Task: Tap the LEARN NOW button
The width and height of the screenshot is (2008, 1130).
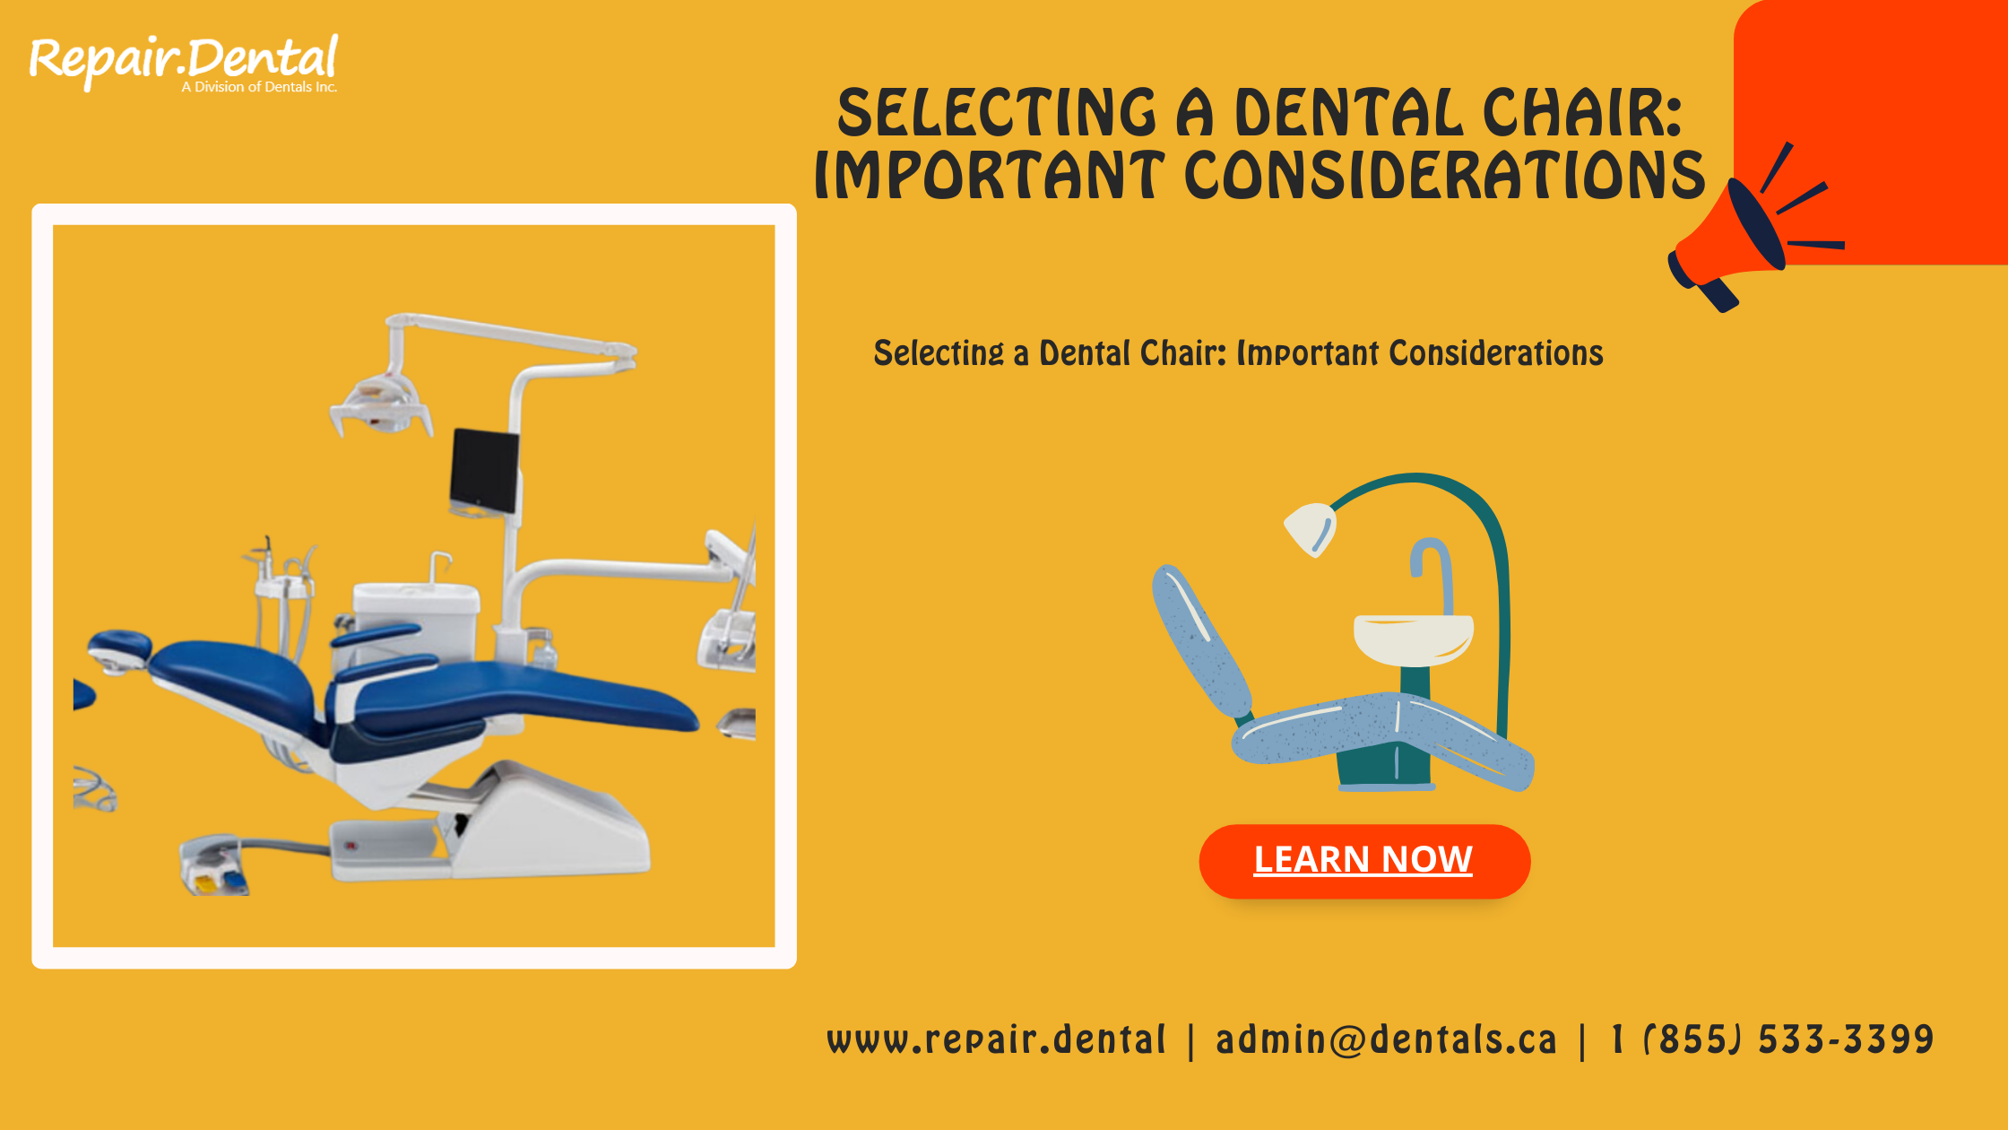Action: pos(1363,861)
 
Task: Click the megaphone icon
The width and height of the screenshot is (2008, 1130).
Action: pos(1735,238)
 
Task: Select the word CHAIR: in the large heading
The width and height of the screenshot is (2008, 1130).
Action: pos(1582,114)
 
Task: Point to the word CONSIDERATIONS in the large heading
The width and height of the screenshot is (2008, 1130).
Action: pos(1444,175)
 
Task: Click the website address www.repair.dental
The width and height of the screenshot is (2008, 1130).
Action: pos(996,1040)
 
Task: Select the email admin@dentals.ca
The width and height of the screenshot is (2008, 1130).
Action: pos(1386,1040)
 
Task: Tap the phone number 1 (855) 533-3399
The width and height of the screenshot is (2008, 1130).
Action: pos(1772,1040)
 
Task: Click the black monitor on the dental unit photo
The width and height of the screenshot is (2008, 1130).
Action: pos(484,471)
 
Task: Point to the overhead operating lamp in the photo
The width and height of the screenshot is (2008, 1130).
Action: pos(381,404)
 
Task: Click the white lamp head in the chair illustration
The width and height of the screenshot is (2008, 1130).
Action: pos(1311,527)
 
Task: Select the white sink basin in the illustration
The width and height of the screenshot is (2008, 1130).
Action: pos(1413,637)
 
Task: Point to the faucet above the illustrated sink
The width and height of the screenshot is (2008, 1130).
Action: pos(1432,565)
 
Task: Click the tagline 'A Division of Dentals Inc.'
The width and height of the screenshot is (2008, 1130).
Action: pos(259,87)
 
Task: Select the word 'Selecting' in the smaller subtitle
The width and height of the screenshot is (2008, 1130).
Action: pos(939,353)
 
